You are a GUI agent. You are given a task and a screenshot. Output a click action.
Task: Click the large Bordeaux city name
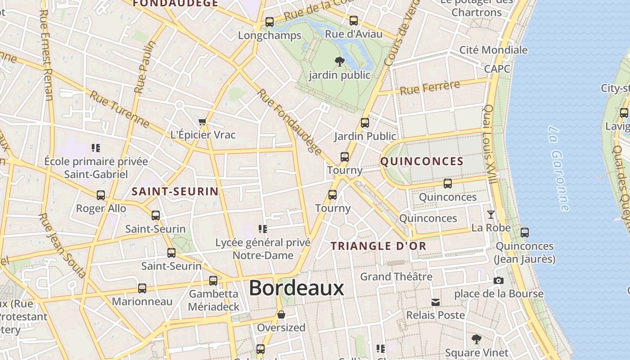pos(296,288)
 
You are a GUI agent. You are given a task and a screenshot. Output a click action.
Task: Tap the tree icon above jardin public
pos(340,62)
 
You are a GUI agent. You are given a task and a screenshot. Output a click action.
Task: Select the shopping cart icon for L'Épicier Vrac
pos(202,122)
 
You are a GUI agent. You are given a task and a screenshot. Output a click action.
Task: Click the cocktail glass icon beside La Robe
pos(490,215)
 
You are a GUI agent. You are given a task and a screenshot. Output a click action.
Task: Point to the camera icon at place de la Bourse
pos(498,281)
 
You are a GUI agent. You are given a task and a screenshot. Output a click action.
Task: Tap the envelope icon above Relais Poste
pos(435,302)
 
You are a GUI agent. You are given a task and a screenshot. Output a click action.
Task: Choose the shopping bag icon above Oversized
pos(281,314)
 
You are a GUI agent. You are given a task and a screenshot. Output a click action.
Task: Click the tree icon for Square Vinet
pos(476,339)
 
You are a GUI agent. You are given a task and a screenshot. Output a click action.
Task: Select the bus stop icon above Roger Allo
pos(101,195)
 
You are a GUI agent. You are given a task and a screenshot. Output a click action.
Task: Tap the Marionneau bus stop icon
pos(142,288)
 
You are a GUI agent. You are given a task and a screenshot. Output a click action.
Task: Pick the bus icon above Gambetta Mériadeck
pos(213,281)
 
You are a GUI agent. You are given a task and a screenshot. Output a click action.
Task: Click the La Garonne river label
pos(558,168)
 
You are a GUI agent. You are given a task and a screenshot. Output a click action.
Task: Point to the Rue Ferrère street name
pos(430,87)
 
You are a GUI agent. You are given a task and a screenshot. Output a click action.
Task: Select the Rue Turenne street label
pos(119,108)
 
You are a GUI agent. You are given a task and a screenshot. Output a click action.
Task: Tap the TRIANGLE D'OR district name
pos(378,246)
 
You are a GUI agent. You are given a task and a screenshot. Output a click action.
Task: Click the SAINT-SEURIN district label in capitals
pos(175,191)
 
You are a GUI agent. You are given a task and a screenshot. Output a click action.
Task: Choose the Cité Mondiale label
pos(493,50)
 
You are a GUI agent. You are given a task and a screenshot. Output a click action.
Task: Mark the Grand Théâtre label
pos(396,276)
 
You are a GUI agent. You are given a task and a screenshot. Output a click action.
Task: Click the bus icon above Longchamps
pos(270,22)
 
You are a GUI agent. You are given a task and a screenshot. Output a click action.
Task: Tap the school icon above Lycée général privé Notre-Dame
pos(263,229)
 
